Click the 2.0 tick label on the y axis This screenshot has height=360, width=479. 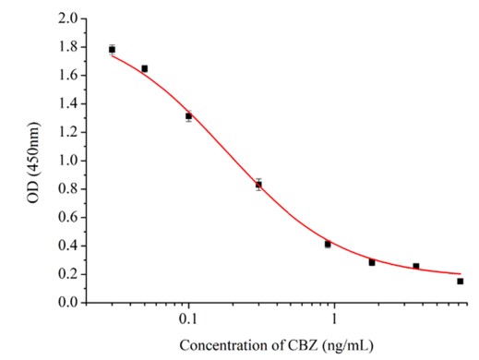coord(66,18)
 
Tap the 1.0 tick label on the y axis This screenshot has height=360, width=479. coord(66,161)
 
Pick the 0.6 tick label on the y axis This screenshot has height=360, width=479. coord(66,217)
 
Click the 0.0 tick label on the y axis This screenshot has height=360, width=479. coord(66,302)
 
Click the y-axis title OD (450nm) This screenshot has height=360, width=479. coord(37,161)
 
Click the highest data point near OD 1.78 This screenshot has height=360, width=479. coord(112,49)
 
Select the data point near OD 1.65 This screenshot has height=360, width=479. coord(144,68)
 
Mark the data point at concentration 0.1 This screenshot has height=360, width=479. coord(188,116)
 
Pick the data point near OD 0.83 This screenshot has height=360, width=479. coord(258,185)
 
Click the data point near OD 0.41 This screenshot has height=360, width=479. coord(328,244)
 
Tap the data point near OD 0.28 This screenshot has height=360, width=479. coord(372,262)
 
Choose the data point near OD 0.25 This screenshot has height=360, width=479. coord(416,266)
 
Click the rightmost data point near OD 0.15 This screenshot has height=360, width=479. coord(460,281)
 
